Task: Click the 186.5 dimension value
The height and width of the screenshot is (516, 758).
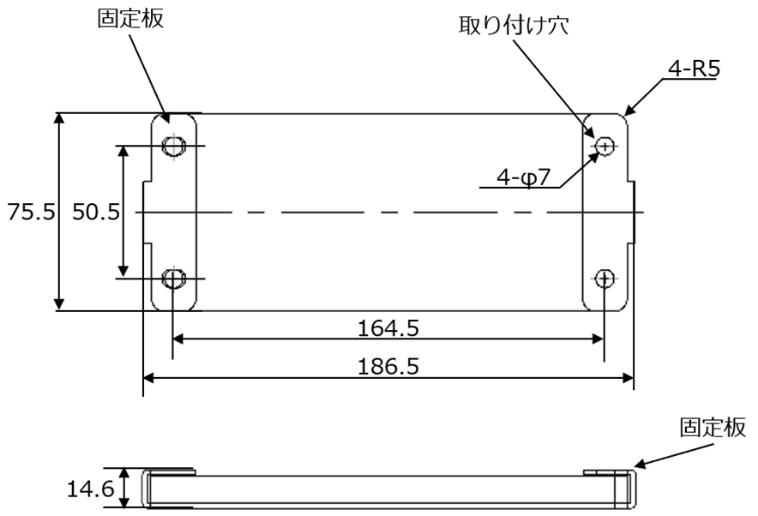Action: pos(389,367)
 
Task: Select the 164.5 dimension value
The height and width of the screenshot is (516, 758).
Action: pos(389,328)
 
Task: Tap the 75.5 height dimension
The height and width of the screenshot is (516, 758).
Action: pos(26,212)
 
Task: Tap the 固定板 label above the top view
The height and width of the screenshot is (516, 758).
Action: pos(131,20)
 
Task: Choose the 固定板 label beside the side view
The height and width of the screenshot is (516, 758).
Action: pos(711,428)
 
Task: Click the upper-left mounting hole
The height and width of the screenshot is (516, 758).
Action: pos(174,147)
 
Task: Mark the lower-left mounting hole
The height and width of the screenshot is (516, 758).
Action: pos(174,278)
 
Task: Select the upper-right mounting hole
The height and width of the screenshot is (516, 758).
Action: pos(605,147)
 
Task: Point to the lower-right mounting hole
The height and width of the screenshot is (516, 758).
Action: pos(605,278)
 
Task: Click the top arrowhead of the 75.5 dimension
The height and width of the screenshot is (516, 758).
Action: pos(59,118)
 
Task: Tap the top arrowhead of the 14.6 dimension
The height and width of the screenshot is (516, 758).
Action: pos(125,472)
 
